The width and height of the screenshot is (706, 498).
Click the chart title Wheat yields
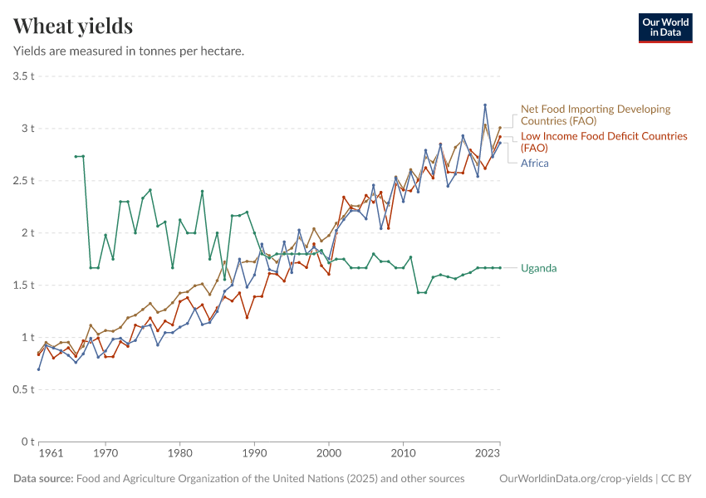pyautogui.click(x=73, y=27)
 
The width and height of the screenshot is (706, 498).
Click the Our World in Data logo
pyautogui.click(x=664, y=27)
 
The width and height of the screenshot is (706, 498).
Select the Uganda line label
pyautogui.click(x=538, y=268)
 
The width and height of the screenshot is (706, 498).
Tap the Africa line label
pyautogui.click(x=534, y=163)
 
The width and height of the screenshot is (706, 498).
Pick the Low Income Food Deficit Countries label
pyautogui.click(x=604, y=141)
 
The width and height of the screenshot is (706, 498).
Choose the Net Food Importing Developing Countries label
pyautogui.click(x=595, y=115)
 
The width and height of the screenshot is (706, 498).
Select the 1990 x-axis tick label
pyautogui.click(x=255, y=454)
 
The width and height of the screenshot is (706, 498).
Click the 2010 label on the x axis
pyautogui.click(x=404, y=454)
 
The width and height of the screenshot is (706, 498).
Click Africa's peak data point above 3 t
pyautogui.click(x=485, y=105)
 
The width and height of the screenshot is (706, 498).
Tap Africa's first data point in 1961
pyautogui.click(x=39, y=369)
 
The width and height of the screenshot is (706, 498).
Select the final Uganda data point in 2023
pyautogui.click(x=500, y=267)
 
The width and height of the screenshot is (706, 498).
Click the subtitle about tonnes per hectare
pyautogui.click(x=129, y=51)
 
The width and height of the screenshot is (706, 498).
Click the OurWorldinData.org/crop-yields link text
pyautogui.click(x=575, y=479)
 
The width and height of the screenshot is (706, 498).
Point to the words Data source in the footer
pyautogui.click(x=43, y=479)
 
